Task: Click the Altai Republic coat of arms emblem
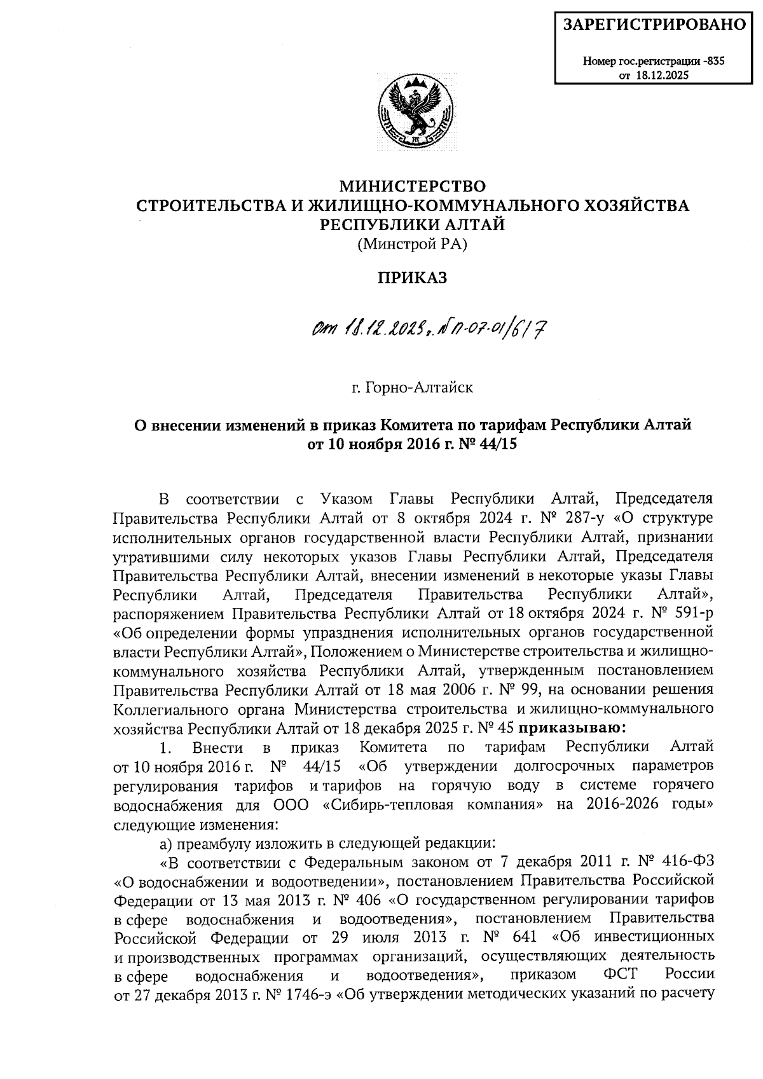pyautogui.click(x=413, y=113)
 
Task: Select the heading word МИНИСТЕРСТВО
pyautogui.click(x=413, y=186)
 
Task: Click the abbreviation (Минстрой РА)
pyautogui.click(x=412, y=243)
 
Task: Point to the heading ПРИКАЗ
pyautogui.click(x=413, y=277)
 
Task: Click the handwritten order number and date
pyautogui.click(x=429, y=329)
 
